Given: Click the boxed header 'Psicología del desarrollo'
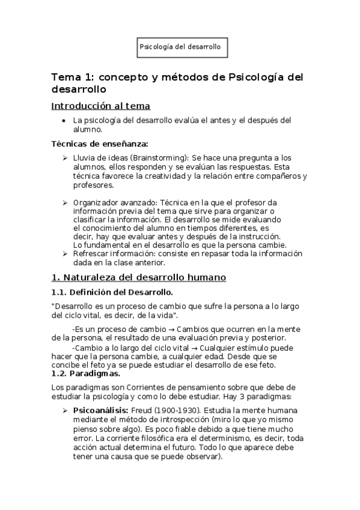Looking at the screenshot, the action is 180,46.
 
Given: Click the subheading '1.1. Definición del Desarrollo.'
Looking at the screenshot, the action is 112,292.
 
